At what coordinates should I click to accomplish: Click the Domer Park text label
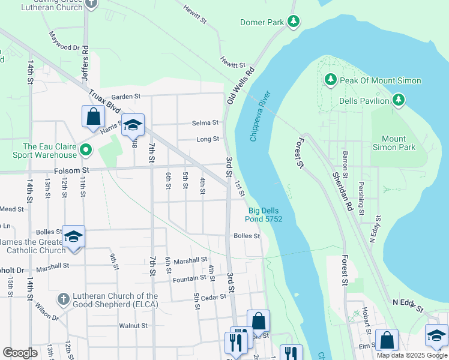pos(262,23)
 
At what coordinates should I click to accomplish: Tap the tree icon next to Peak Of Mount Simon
pos(330,80)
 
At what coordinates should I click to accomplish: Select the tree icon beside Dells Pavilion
pos(398,101)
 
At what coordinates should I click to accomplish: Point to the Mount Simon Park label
pos(398,142)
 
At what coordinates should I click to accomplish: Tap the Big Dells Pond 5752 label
pos(265,215)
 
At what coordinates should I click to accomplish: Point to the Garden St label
pos(125,97)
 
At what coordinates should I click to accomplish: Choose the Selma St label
pos(205,123)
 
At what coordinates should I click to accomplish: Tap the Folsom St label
pos(71,170)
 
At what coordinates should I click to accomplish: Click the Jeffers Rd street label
pos(86,62)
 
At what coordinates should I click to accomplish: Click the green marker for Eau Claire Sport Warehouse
pos(86,150)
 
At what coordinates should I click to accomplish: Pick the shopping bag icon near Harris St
pos(93,118)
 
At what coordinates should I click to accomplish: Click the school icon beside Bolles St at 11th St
pos(73,236)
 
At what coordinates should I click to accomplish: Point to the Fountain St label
pos(190,278)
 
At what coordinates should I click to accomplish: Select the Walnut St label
pos(133,326)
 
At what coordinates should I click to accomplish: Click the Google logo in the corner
pos(20,353)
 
